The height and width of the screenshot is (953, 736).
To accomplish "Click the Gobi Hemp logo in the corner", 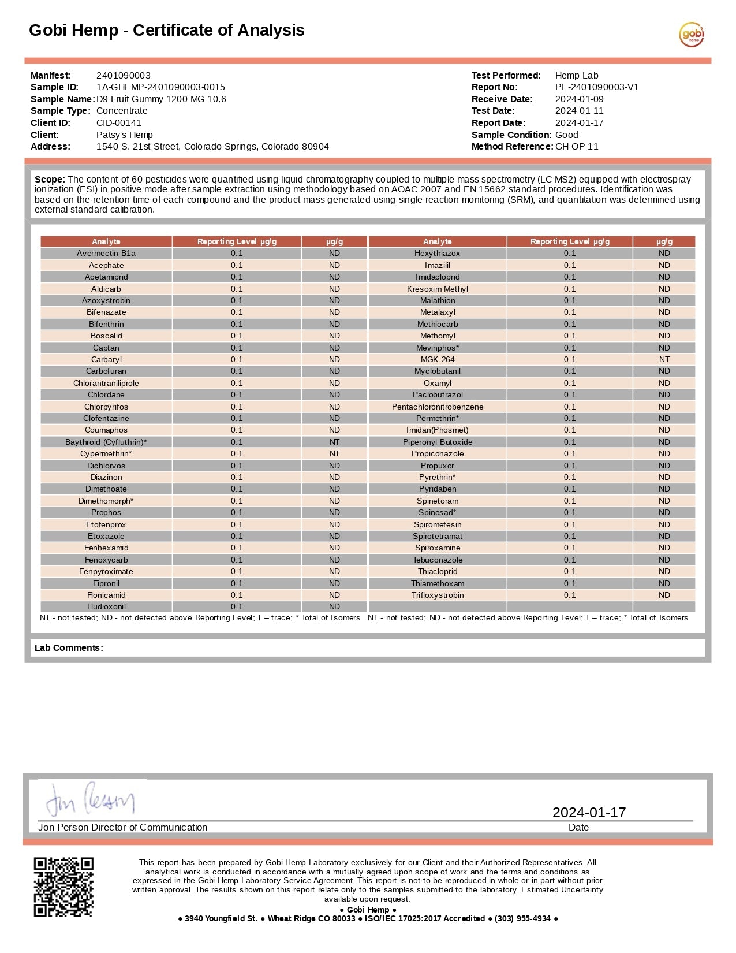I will pos(691,35).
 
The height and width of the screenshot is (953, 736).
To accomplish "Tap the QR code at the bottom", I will pos(63,887).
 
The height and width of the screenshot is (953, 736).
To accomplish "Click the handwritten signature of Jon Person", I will pos(90,799).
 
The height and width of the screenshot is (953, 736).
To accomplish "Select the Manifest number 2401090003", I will pos(123,76).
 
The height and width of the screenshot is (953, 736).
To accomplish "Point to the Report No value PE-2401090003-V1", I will pos(596,87).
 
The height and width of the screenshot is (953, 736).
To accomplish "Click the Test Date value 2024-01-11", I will pos(579,111).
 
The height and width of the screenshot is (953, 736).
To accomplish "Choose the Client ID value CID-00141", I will pos(118,123).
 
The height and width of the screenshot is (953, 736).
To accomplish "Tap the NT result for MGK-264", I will pos(664,359).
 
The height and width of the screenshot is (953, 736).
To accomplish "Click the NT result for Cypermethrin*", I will pos(334,454).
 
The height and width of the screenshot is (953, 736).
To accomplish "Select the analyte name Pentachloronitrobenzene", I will pos(438,407).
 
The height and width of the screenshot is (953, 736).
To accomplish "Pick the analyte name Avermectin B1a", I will pos(106,254).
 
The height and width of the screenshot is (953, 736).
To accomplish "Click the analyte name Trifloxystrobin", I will pos(438,595).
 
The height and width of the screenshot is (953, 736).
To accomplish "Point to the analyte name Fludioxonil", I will pos(106,607).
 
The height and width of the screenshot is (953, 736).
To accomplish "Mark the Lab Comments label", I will pos(69,648).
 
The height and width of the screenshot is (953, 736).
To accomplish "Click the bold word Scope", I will pos(50,180).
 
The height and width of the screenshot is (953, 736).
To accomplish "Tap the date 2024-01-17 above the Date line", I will pos(589,813).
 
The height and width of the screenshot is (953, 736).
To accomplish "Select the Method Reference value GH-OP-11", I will pos(577,147).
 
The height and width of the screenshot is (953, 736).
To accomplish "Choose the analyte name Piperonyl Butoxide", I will pos(438,442).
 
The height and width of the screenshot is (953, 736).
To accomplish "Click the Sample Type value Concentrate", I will pos(122,111).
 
